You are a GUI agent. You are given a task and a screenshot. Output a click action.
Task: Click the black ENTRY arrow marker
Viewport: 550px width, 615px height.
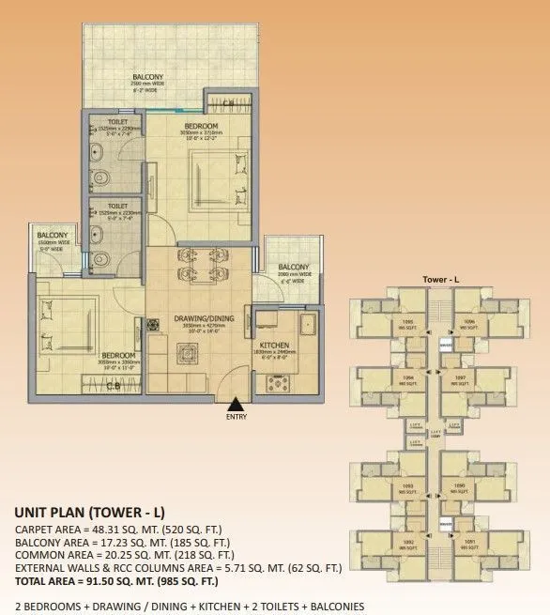point(231,404)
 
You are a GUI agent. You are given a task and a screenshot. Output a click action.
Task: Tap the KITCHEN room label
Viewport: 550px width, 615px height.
point(272,345)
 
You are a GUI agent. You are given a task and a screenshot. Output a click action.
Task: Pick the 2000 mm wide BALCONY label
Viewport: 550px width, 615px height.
point(294,267)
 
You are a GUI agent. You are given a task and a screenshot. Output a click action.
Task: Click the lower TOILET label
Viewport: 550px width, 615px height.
point(117,205)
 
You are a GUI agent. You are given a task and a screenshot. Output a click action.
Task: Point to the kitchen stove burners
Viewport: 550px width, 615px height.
point(280,381)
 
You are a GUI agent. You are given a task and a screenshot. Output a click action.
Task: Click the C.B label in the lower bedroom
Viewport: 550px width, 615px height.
point(112,385)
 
